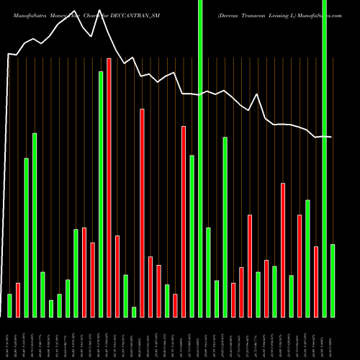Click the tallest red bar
(109, 187)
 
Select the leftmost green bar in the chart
(9, 305)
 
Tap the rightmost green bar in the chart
(333, 280)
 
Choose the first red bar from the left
(18, 300)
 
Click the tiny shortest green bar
(134, 312)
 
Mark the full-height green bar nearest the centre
(200, 158)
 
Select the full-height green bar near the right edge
(325, 158)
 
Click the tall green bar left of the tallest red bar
(101, 194)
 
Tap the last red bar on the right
(316, 282)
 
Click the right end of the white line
(331, 137)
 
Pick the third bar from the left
(27, 238)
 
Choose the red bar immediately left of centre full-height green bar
(184, 221)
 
